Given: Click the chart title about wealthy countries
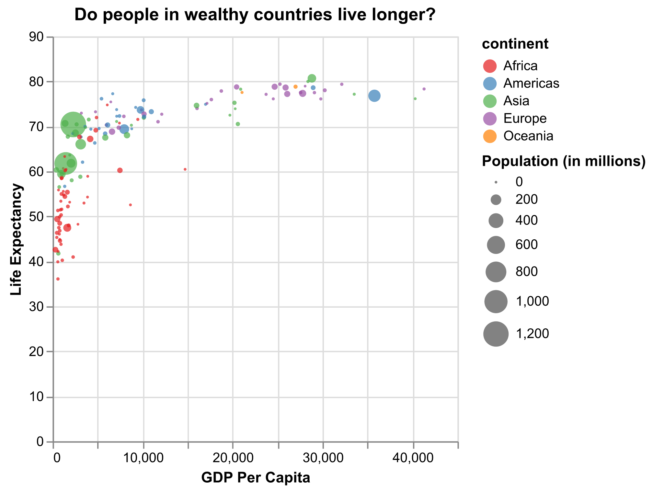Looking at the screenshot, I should point(255,15).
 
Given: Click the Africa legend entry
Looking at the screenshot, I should point(520,66).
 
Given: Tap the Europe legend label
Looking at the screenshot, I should point(525,119).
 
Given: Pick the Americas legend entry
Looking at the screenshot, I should point(531,83).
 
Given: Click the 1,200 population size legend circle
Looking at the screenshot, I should point(496,334).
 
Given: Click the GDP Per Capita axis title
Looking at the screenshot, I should point(256,478).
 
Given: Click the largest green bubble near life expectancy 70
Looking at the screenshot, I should point(73,124).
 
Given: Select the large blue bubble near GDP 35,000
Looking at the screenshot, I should point(374,96).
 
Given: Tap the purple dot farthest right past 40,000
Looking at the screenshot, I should point(424,89).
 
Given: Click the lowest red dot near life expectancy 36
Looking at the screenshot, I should point(58,279).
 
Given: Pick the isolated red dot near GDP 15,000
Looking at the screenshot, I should point(185,169).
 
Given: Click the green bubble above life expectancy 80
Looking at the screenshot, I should point(312,78).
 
